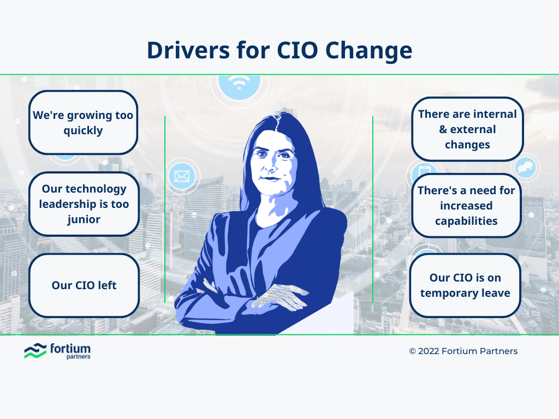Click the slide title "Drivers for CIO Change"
click(x=279, y=50)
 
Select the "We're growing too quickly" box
click(x=83, y=123)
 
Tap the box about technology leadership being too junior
click(x=84, y=204)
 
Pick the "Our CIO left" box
click(x=84, y=285)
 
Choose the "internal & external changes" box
click(x=467, y=129)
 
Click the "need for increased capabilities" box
click(x=466, y=206)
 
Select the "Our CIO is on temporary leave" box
click(x=465, y=285)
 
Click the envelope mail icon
click(x=181, y=176)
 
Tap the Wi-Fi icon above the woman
click(x=239, y=82)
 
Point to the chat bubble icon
click(x=525, y=166)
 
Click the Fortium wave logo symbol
click(x=35, y=351)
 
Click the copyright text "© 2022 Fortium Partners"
click(x=463, y=351)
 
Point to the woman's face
click(x=275, y=163)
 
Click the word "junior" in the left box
click(x=84, y=219)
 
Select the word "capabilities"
click(x=466, y=221)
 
